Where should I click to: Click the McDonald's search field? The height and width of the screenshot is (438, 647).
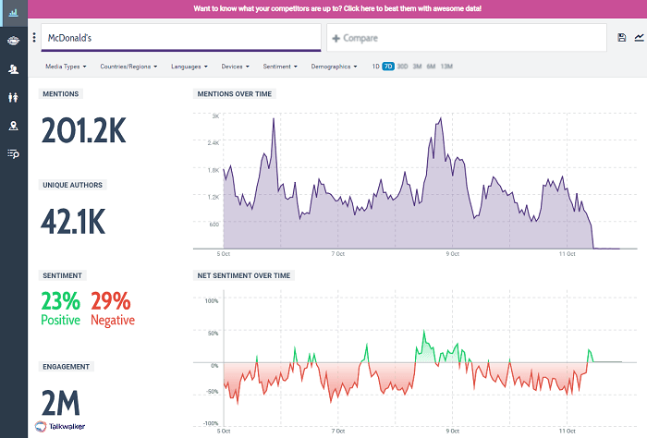[x=176, y=38]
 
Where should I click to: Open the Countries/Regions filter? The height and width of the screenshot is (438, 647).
[x=128, y=67]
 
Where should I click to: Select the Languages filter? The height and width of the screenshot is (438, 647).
[x=189, y=67]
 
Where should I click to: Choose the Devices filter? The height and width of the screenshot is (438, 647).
[x=235, y=67]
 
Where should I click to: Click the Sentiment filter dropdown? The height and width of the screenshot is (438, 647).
[x=279, y=67]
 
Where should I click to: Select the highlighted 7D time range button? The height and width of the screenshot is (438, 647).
[x=388, y=67]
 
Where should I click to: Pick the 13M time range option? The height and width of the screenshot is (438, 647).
[x=446, y=67]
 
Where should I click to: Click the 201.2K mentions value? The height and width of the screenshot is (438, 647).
[x=83, y=132]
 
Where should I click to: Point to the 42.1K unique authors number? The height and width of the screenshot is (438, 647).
[x=74, y=222]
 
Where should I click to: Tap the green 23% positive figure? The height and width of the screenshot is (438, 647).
[x=61, y=301]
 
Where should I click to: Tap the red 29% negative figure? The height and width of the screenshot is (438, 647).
[x=112, y=301]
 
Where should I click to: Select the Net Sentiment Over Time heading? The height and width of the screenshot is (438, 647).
[x=243, y=275]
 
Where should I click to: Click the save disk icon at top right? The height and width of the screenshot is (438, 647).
[x=621, y=38]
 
